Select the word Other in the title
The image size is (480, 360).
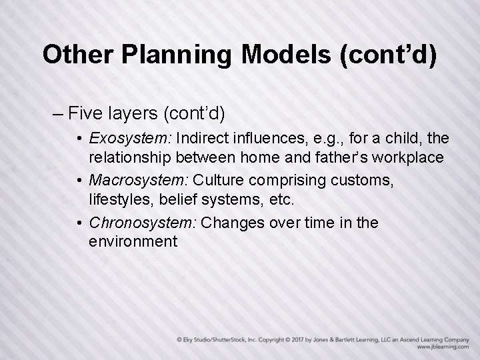click(x=74, y=55)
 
